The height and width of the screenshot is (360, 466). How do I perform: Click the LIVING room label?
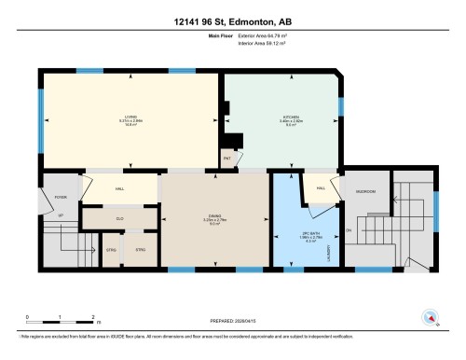pyautogui.click(x=130, y=118)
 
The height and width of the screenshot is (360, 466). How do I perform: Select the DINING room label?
pyautogui.click(x=213, y=219)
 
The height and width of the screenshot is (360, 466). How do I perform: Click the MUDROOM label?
pyautogui.click(x=365, y=190)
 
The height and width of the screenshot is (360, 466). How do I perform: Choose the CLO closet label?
pyautogui.click(x=120, y=219)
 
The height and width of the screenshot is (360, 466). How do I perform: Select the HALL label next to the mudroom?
pyautogui.click(x=320, y=187)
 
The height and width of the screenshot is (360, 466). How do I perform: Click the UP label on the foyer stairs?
pyautogui.click(x=61, y=216)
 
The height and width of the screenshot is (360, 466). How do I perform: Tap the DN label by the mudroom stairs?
pyautogui.click(x=349, y=229)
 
